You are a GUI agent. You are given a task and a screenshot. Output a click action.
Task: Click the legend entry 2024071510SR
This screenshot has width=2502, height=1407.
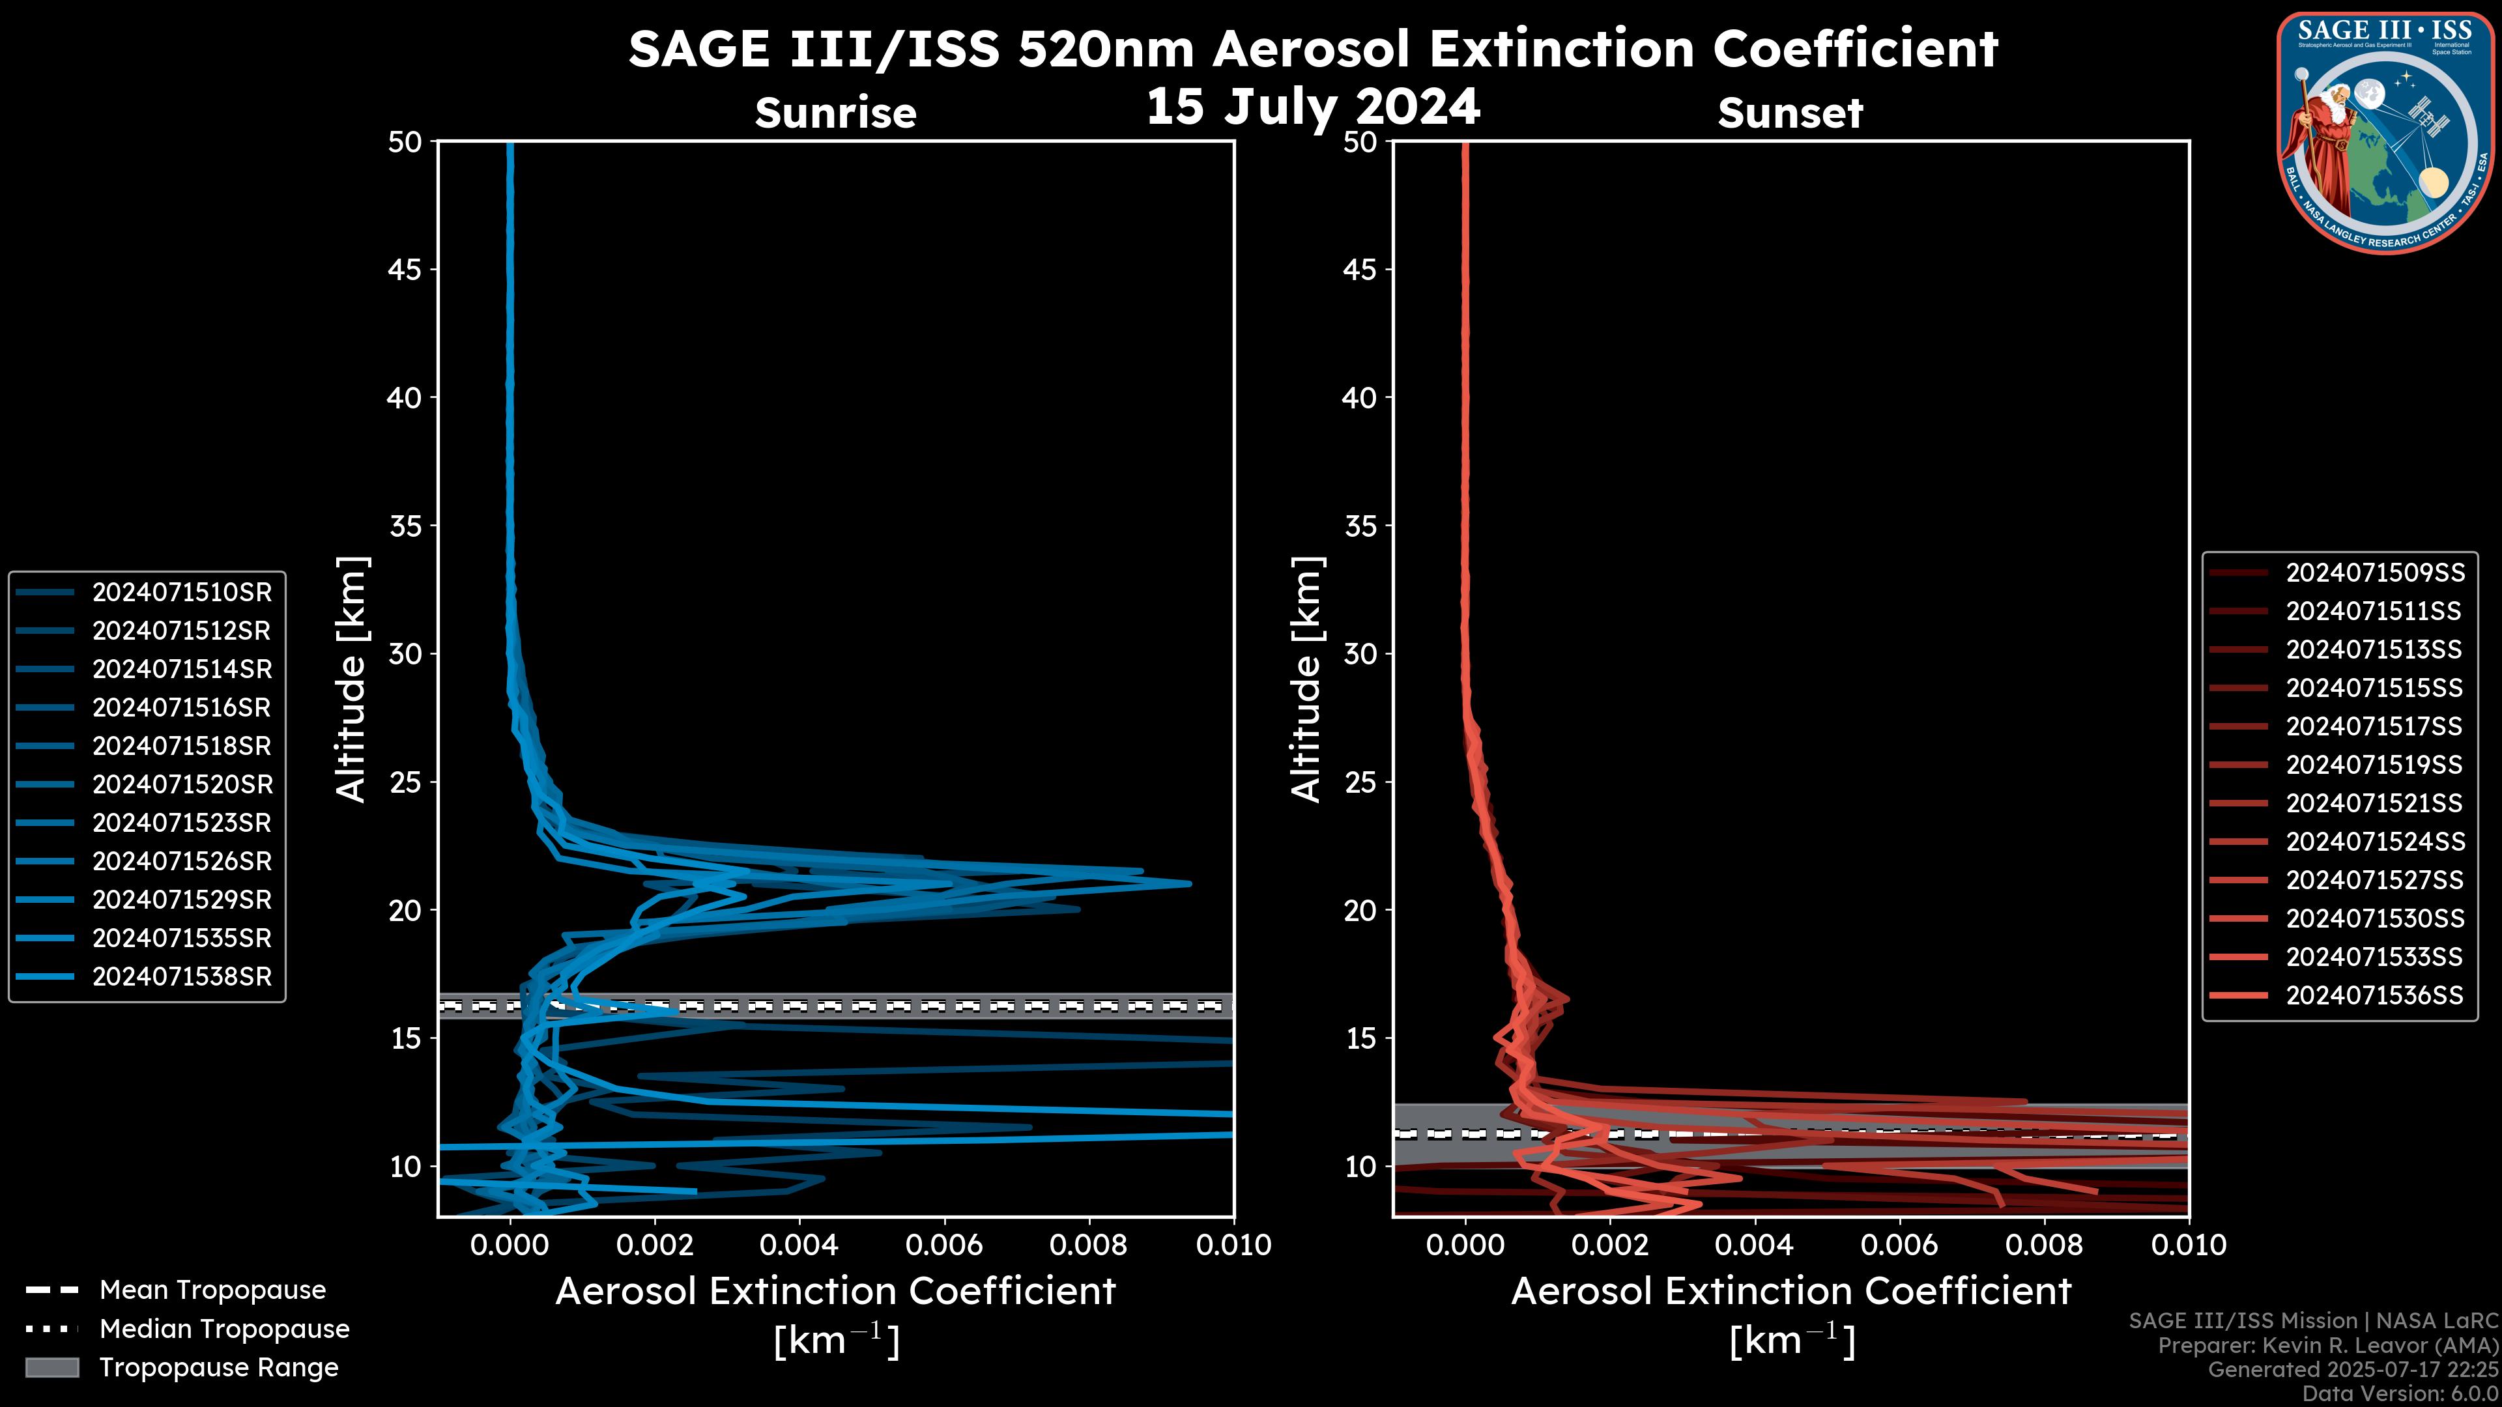click(182, 592)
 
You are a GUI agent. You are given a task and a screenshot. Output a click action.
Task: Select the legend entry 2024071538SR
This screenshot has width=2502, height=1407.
click(182, 977)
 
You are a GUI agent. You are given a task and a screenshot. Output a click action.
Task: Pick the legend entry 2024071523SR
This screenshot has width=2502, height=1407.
click(182, 823)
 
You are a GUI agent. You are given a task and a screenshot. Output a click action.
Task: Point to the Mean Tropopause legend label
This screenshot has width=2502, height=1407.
click(212, 1290)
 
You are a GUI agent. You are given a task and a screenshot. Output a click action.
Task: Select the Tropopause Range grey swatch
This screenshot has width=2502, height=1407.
click(51, 1367)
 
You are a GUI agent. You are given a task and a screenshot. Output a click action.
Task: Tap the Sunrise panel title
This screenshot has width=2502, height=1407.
click(835, 113)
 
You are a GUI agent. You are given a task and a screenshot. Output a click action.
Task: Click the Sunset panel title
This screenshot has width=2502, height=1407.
click(1790, 113)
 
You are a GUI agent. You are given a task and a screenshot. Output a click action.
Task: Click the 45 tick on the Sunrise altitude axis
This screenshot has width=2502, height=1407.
click(405, 269)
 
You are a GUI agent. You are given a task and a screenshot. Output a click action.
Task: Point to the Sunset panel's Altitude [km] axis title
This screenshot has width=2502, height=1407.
click(1307, 679)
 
